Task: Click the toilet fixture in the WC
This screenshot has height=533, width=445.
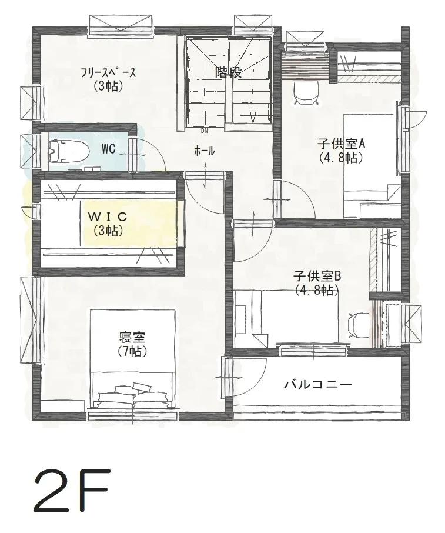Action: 67,149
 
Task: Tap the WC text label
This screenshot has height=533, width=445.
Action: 108,149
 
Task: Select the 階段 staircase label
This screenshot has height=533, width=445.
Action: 228,72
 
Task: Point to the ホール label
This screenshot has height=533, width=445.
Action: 204,151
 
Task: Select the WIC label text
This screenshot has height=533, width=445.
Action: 108,216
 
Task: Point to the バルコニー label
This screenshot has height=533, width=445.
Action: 318,385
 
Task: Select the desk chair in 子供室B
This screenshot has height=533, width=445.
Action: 358,325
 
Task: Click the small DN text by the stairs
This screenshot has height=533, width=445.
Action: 204,131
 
